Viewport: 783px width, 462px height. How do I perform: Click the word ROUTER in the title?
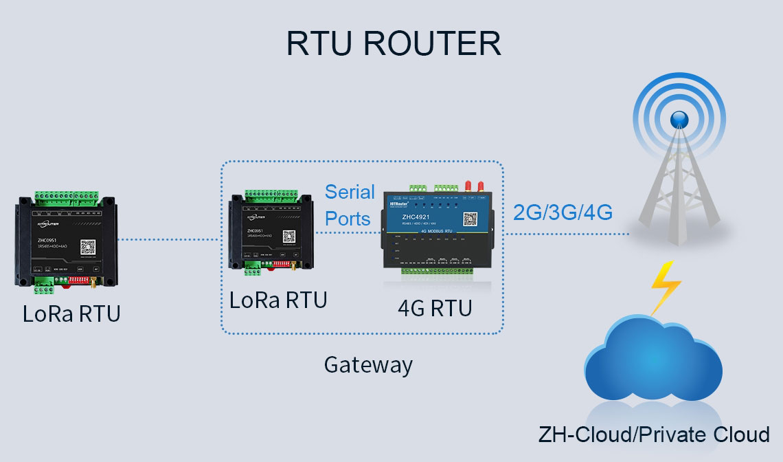(x=432, y=44)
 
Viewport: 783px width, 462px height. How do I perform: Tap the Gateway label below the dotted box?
(x=368, y=364)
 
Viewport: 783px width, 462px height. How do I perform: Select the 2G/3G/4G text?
(x=563, y=212)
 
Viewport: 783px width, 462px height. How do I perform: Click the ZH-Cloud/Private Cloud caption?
(x=654, y=434)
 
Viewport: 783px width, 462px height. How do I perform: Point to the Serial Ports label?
(x=349, y=205)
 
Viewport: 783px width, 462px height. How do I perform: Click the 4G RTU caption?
(x=435, y=308)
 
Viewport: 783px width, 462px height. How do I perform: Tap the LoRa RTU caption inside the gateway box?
(x=278, y=300)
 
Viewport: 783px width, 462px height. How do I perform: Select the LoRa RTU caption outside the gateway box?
(x=71, y=313)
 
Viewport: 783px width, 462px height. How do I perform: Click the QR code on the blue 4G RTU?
(x=470, y=219)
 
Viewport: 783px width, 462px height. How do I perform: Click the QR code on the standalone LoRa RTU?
(x=87, y=247)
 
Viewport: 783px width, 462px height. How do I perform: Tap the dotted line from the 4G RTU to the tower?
(x=567, y=234)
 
